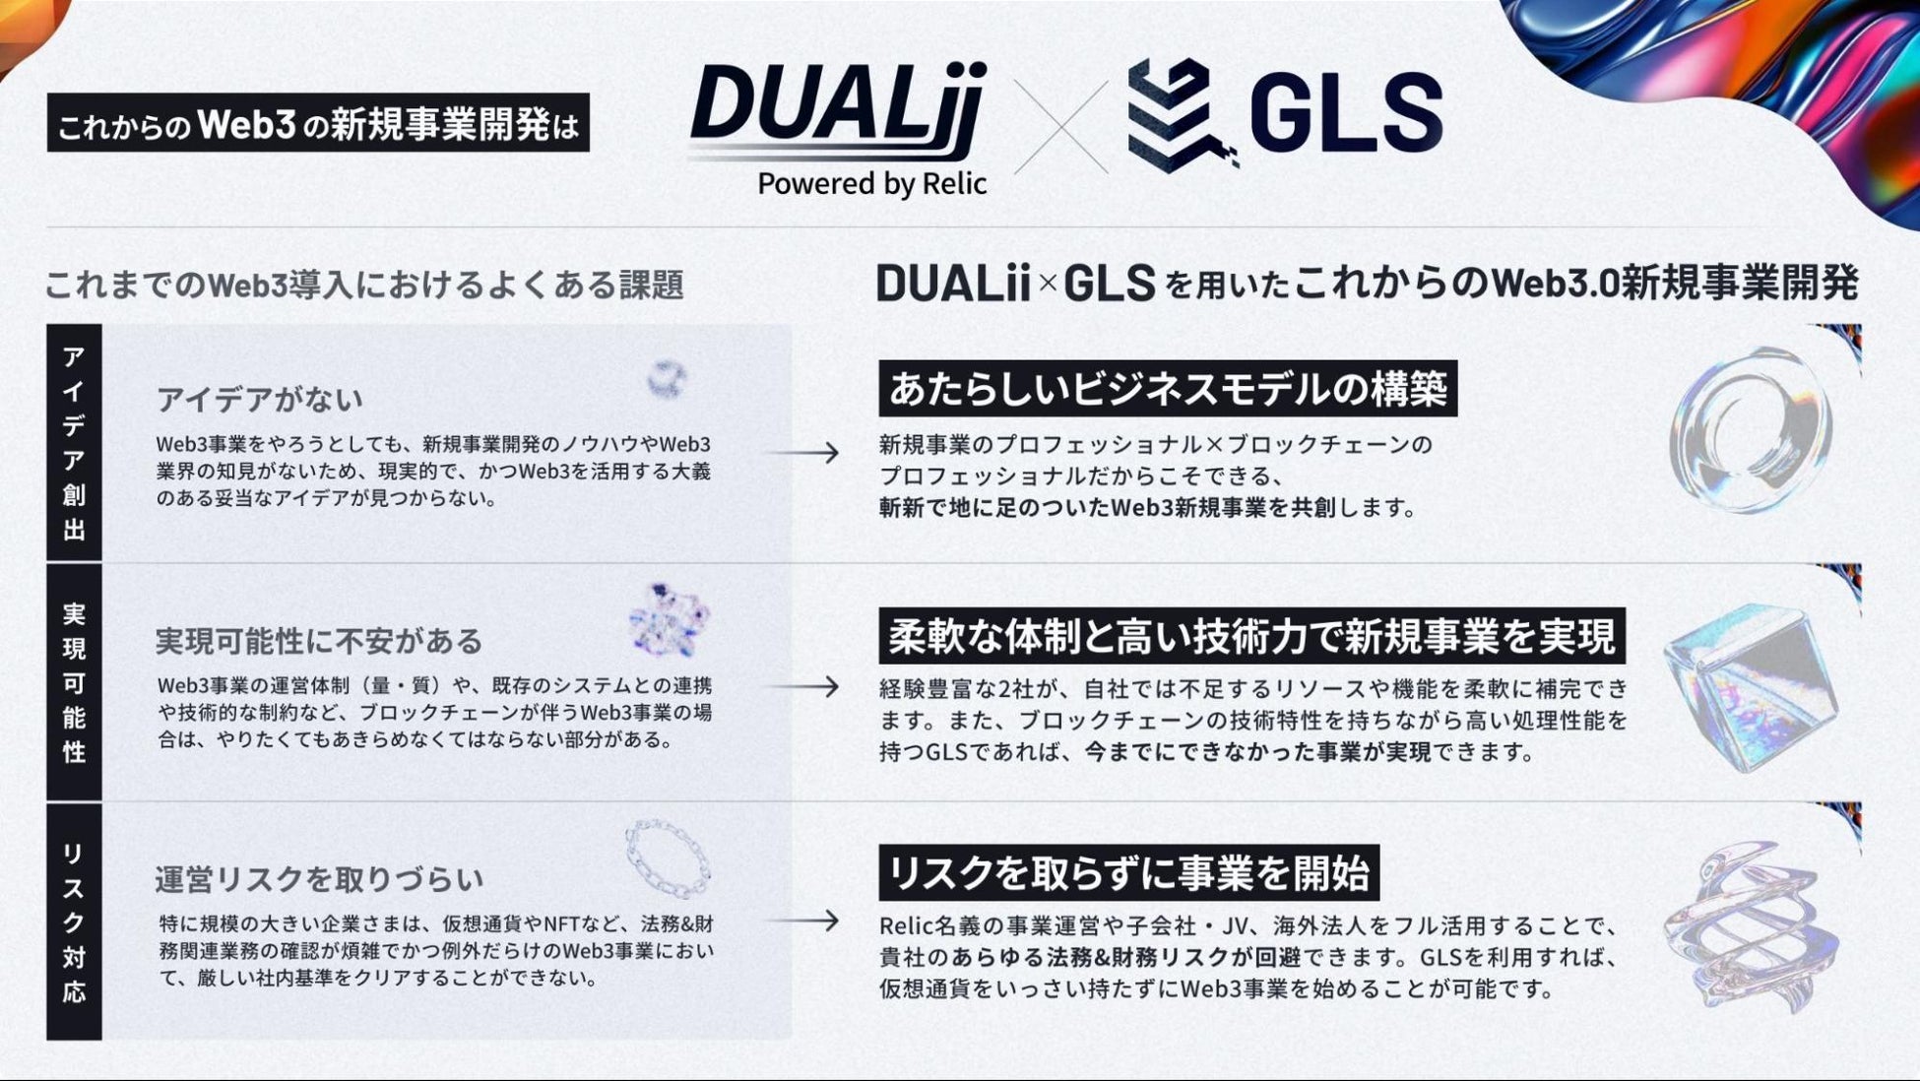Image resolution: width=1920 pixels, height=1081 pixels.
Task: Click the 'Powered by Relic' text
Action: [871, 184]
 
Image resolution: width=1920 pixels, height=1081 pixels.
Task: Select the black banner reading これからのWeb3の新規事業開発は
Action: [318, 123]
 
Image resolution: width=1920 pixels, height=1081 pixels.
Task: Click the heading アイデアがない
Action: [260, 400]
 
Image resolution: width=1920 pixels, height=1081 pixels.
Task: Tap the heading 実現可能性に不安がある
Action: [319, 641]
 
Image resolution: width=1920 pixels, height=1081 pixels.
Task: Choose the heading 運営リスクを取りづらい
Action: [319, 878]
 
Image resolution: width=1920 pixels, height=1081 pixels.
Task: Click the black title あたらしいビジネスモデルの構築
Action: [1168, 389]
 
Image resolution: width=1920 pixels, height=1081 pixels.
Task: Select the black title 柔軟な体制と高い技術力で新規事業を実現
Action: [1251, 636]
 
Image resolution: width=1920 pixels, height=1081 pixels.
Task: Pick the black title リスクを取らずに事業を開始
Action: [1128, 872]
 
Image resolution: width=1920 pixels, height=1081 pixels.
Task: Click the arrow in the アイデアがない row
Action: [803, 453]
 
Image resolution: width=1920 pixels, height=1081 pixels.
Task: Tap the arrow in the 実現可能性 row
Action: [803, 686]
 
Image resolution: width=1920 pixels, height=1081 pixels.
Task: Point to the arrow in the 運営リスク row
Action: [803, 921]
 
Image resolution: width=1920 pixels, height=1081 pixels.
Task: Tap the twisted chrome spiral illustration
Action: [1749, 925]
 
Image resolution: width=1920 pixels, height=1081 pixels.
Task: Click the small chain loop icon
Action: [669, 858]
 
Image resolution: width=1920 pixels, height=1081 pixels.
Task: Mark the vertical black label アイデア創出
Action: [74, 443]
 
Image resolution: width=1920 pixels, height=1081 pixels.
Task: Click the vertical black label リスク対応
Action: [74, 922]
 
